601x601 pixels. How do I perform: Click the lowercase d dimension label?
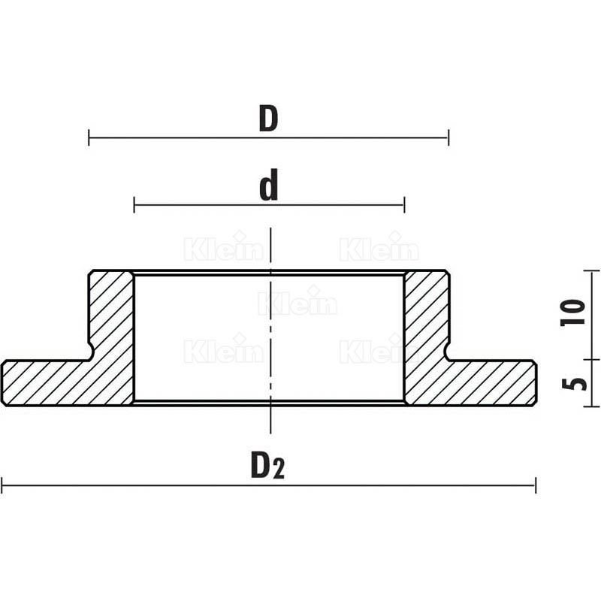[268, 186]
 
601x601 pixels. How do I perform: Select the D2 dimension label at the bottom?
[268, 467]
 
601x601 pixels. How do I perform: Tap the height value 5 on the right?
[573, 383]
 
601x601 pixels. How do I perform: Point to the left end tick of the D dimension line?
[89, 137]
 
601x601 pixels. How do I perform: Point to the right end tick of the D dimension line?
[448, 137]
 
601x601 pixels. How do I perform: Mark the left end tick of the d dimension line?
[134, 204]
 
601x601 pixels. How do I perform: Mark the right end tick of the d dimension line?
[404, 204]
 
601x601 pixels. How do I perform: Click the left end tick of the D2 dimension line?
[2, 485]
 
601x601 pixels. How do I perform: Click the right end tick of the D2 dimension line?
[536, 485]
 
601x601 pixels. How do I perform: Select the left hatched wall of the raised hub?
[112, 316]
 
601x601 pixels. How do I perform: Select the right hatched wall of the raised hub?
[427, 316]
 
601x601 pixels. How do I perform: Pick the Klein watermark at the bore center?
[297, 304]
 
